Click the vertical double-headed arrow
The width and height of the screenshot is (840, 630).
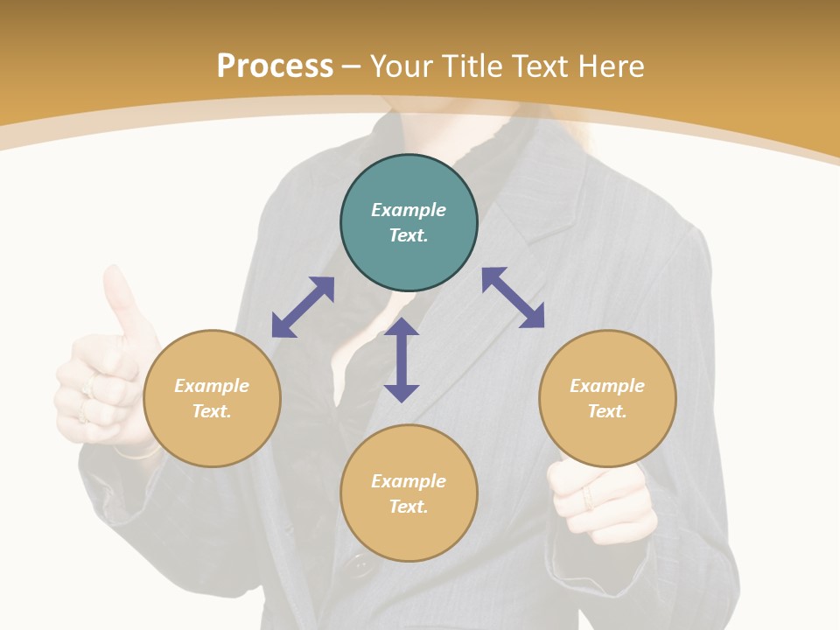click(x=402, y=360)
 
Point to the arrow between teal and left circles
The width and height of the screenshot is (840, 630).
click(x=303, y=307)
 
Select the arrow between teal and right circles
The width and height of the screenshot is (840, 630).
click(x=513, y=297)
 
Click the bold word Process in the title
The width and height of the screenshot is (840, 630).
click(x=275, y=66)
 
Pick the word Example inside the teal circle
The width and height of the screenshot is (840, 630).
click(x=409, y=210)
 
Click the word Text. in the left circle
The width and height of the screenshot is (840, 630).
click(x=212, y=411)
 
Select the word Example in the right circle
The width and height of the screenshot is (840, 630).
click(x=607, y=386)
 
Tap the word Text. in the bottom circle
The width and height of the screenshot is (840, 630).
click(x=409, y=507)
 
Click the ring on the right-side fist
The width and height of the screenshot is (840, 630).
click(x=587, y=499)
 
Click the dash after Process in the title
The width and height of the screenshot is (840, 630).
click(x=352, y=66)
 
